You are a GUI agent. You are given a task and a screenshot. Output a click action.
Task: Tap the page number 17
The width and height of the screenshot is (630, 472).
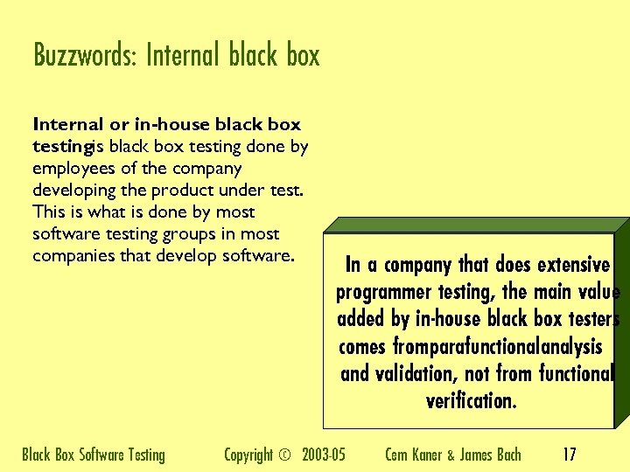(x=570, y=455)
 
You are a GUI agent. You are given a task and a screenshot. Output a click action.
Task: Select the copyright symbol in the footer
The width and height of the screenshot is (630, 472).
(x=283, y=455)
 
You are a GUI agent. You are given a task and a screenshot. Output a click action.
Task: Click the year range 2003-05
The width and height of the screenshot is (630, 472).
(x=324, y=455)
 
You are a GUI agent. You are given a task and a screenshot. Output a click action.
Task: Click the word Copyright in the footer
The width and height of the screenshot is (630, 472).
(x=248, y=455)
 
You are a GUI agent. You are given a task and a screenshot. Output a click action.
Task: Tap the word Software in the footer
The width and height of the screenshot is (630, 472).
(x=102, y=455)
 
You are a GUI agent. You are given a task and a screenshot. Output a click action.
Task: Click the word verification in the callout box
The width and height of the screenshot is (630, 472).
(x=471, y=401)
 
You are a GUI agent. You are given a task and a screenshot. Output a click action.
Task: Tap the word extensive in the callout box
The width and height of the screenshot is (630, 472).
(x=573, y=264)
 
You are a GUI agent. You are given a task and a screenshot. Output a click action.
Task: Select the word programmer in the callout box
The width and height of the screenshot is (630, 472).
(x=383, y=292)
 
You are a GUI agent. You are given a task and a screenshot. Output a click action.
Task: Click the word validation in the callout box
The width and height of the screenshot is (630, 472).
(x=413, y=374)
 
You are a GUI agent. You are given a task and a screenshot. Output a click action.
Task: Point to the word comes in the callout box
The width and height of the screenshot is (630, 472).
(x=361, y=347)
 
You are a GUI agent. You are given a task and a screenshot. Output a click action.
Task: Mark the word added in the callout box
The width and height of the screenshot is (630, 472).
(x=360, y=319)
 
